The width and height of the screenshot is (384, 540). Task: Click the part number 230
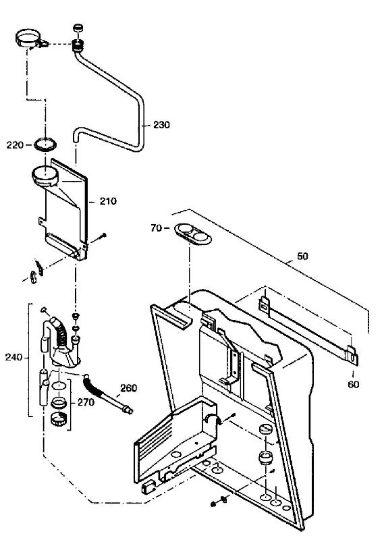click(x=161, y=125)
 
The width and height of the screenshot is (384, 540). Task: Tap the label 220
click(x=15, y=145)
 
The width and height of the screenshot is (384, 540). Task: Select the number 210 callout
click(x=108, y=201)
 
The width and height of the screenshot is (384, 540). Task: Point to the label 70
click(x=156, y=228)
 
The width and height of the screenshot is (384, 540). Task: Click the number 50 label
click(x=302, y=256)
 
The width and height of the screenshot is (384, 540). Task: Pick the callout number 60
click(x=354, y=384)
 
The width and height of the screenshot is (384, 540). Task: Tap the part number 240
click(x=13, y=358)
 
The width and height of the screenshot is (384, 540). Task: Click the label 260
click(x=128, y=388)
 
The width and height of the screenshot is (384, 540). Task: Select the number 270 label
click(x=86, y=402)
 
